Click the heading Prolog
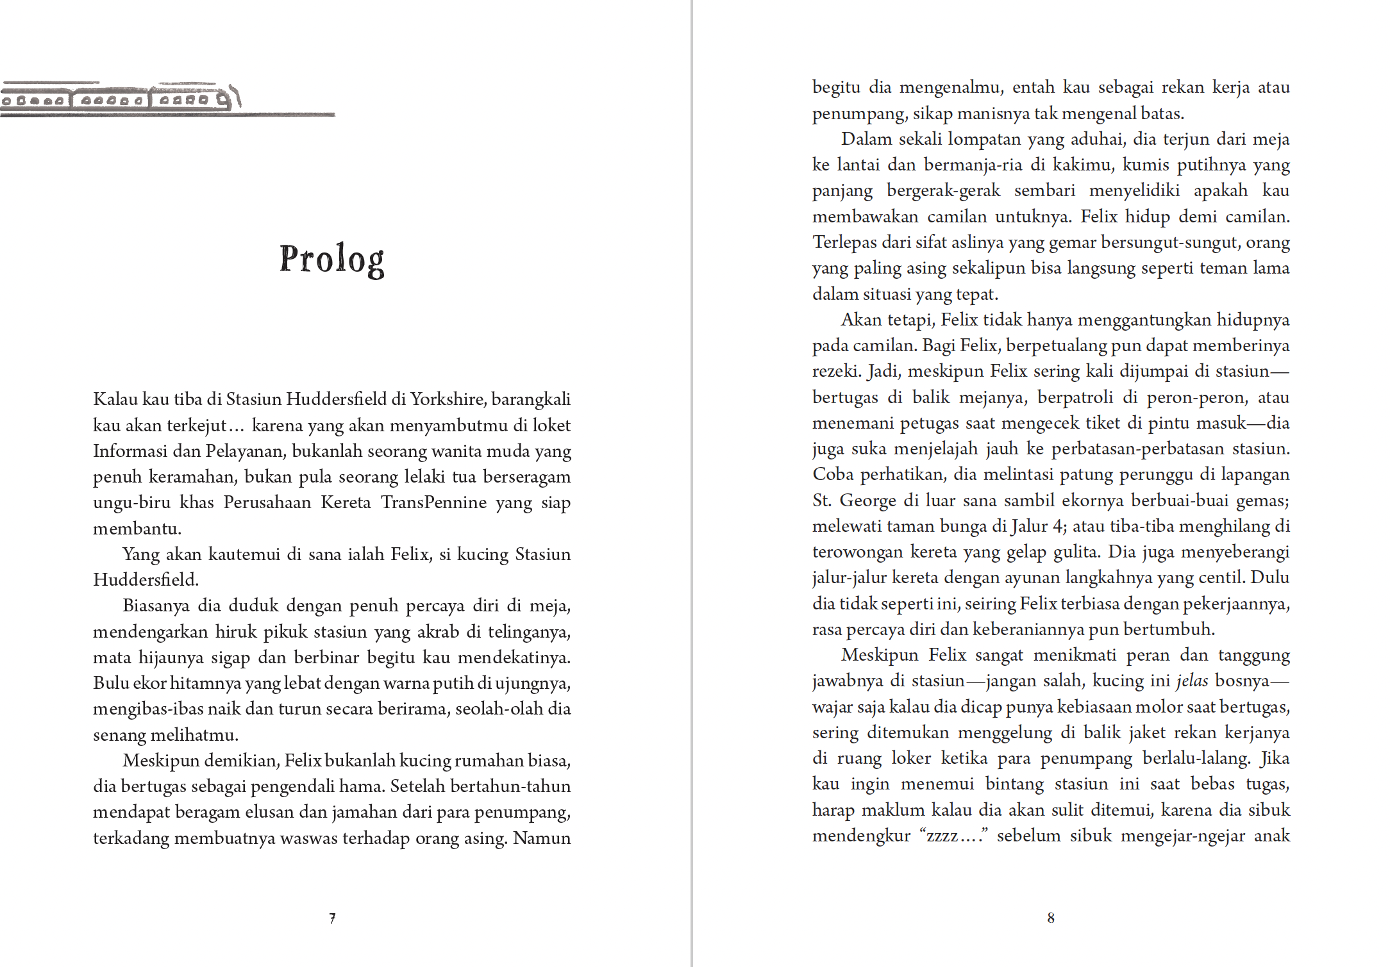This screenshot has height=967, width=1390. (x=331, y=260)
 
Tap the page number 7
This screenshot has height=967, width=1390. (x=332, y=918)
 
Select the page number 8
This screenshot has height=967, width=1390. (x=1050, y=918)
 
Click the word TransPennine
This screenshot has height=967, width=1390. (x=433, y=502)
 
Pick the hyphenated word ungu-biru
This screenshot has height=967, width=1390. (x=131, y=502)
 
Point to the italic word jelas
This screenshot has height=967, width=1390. (x=1192, y=681)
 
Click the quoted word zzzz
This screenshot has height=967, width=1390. (x=942, y=836)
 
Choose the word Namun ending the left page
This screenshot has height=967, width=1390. (x=542, y=838)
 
